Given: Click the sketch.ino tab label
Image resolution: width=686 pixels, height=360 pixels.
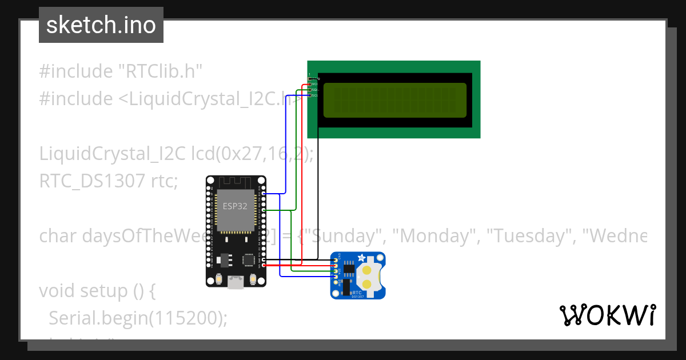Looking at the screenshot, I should (101, 25).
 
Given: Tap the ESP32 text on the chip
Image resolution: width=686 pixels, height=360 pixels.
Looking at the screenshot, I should (235, 206).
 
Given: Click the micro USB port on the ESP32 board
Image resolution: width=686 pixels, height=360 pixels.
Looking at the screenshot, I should (235, 281).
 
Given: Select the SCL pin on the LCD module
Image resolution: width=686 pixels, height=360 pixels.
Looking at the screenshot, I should (310, 95).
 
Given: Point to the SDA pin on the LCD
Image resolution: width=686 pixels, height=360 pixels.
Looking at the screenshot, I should (310, 90).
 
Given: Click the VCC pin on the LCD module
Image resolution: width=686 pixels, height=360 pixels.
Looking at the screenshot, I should (310, 84).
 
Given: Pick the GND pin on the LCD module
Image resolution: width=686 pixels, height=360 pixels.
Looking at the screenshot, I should (310, 78).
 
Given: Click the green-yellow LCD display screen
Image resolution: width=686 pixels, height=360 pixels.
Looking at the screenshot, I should (395, 100).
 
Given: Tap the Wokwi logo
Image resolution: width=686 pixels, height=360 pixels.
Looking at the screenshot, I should (607, 315).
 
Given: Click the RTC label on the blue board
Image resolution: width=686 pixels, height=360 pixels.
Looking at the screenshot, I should (357, 292).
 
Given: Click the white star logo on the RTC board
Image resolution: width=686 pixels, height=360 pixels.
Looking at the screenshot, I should (361, 258).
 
